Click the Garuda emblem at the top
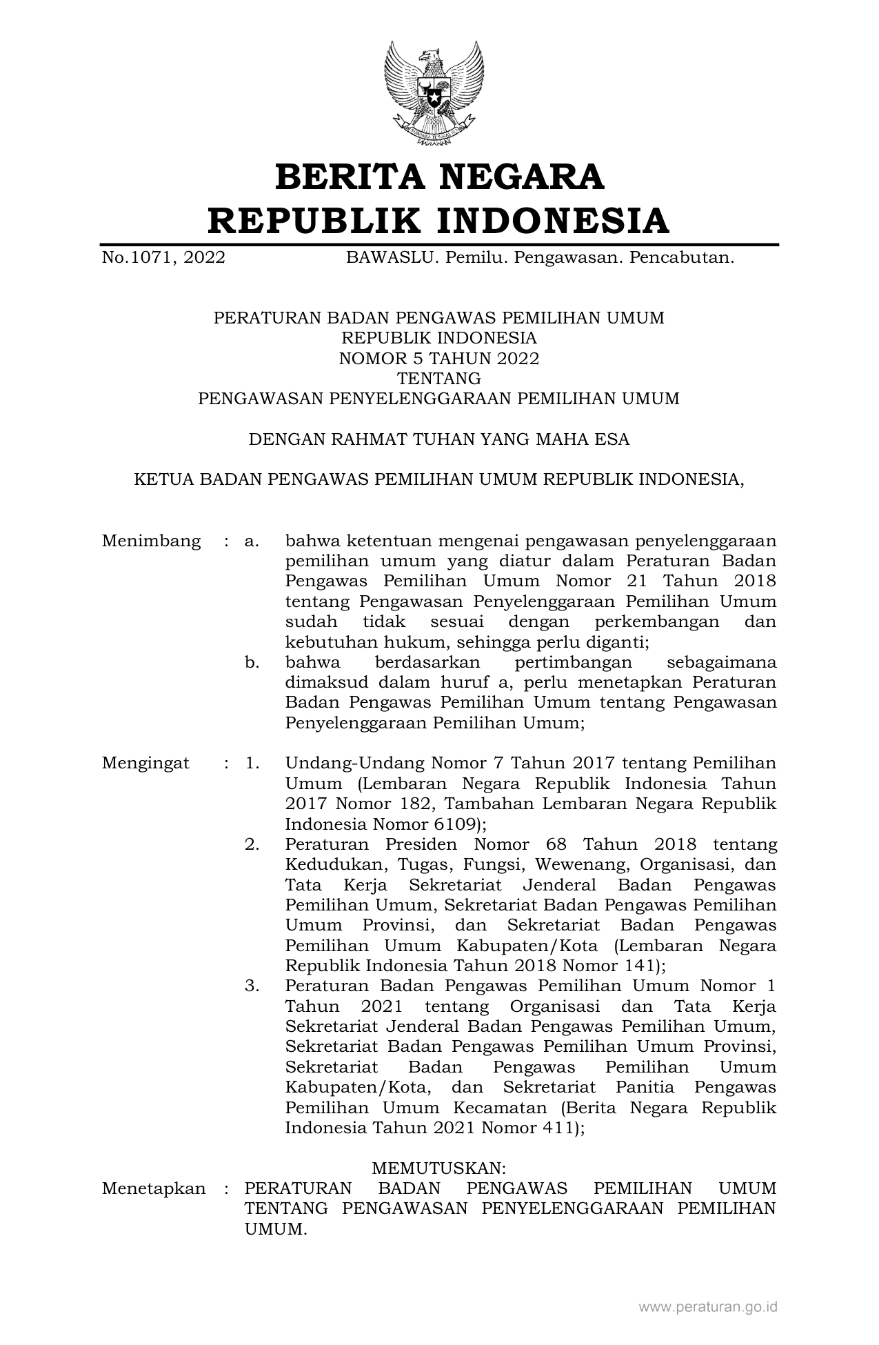pos(434,92)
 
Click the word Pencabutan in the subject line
pos(678,258)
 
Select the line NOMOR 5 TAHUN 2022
pos(439,358)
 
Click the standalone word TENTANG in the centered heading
pos(439,379)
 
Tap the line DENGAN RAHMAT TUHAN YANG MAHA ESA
pos(439,439)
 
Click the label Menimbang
pos(152,541)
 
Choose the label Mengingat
pos(145,763)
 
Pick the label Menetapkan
pos(154,1188)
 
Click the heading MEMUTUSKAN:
pos(439,1168)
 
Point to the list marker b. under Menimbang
pos(252,663)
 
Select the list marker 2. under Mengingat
pos(252,844)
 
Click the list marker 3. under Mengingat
pos(252,986)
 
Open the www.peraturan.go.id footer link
pos(708,1306)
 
